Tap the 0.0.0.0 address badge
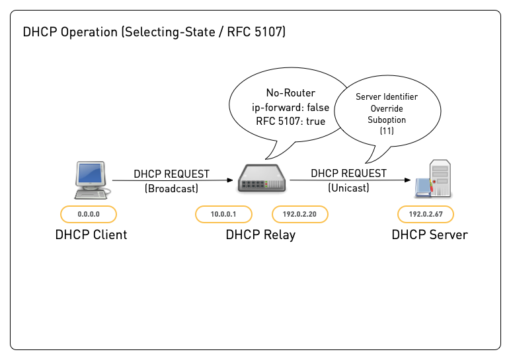coord(89,214)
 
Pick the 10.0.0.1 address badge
coord(223,214)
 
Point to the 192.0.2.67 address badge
coord(426,214)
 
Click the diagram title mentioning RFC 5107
coord(154,32)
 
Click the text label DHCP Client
coord(91,234)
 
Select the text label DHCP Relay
coord(260,234)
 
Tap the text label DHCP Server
coord(430,234)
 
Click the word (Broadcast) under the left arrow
coord(171,188)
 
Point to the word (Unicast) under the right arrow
coord(348,188)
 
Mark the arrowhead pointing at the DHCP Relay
coord(233,180)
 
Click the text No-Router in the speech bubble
coord(291,93)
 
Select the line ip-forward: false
coord(291,107)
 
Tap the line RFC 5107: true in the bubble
coord(291,121)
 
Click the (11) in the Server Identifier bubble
coord(387,131)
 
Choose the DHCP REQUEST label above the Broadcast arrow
coord(171,174)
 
